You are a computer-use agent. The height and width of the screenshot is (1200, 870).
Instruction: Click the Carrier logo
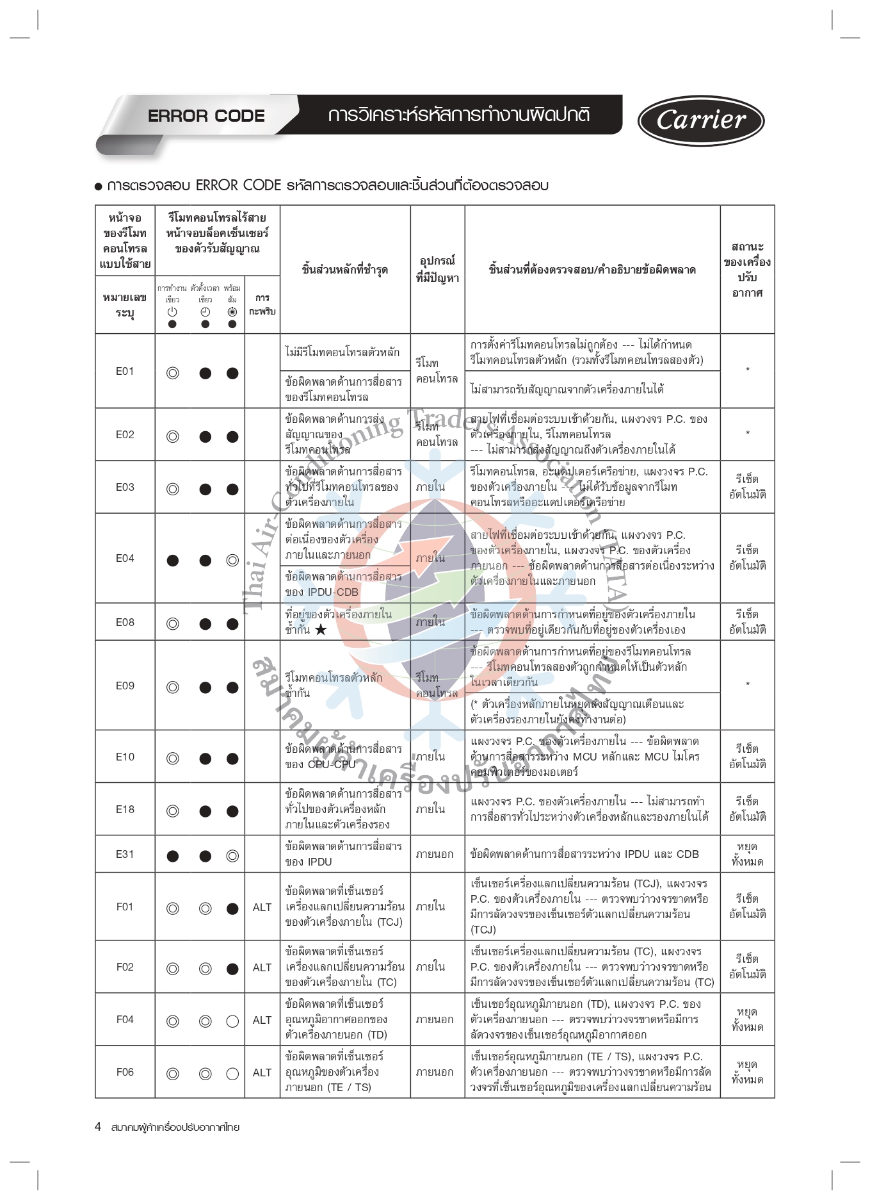pyautogui.click(x=700, y=120)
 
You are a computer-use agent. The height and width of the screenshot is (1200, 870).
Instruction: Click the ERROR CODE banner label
pyautogui.click(x=206, y=116)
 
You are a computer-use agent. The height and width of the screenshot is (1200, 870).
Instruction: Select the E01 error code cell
pyautogui.click(x=125, y=371)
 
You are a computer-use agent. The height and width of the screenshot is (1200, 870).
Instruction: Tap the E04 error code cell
pyautogui.click(x=125, y=558)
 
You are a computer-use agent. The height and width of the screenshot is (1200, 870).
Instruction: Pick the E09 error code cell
pyautogui.click(x=125, y=686)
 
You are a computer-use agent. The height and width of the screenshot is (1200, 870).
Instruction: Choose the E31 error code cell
pyautogui.click(x=125, y=854)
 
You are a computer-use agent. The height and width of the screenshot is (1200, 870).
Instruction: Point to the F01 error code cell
pyautogui.click(x=125, y=907)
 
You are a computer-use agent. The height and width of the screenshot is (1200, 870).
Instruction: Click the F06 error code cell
pyautogui.click(x=125, y=1072)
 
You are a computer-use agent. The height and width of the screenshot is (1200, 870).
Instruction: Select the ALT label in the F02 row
pyautogui.click(x=262, y=967)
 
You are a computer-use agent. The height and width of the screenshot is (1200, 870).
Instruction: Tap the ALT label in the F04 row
pyautogui.click(x=262, y=1020)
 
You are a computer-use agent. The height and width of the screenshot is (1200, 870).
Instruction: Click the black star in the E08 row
pyautogui.click(x=321, y=630)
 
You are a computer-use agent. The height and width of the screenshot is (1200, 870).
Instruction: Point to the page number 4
pyautogui.click(x=98, y=1126)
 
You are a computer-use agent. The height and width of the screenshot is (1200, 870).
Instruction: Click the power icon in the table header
pyautogui.click(x=172, y=312)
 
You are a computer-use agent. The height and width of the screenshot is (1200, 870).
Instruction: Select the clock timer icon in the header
pyautogui.click(x=205, y=312)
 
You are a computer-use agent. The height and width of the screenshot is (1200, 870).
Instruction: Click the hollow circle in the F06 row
pyautogui.click(x=232, y=1073)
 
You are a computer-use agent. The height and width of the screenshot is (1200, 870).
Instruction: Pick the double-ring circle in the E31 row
pyautogui.click(x=232, y=856)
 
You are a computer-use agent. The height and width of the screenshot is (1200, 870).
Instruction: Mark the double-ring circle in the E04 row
pyautogui.click(x=232, y=561)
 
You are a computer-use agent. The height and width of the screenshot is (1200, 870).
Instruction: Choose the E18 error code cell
pyautogui.click(x=125, y=809)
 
